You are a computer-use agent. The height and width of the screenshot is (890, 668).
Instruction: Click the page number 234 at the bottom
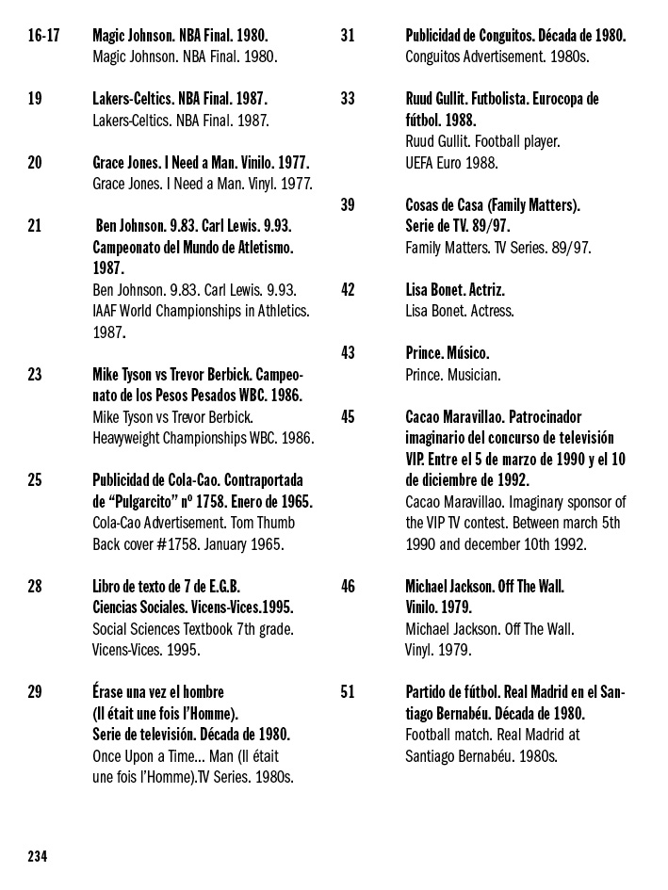click(37, 856)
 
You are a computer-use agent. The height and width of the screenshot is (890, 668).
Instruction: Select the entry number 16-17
click(43, 35)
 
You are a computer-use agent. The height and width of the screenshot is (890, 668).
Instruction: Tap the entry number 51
click(348, 692)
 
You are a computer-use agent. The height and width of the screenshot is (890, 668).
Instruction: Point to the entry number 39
click(348, 204)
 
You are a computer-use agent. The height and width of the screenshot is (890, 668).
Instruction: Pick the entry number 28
click(35, 586)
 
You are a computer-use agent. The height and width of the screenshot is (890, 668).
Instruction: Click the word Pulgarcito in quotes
click(144, 501)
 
